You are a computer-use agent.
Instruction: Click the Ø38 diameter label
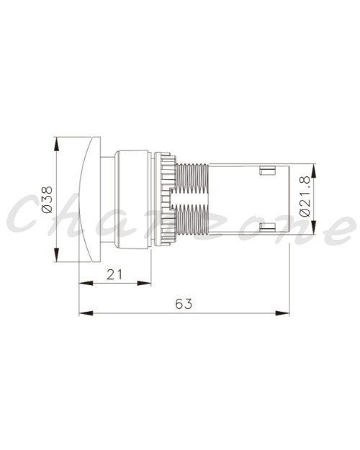48,199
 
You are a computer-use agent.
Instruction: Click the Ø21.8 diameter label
305,197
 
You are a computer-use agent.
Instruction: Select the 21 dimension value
114,274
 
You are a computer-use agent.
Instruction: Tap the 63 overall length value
184,304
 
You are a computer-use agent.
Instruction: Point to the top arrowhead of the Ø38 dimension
57,143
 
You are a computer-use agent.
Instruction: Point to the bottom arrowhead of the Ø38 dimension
57,255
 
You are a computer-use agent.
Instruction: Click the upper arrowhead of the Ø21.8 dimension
313,171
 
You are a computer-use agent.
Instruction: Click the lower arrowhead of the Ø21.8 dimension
313,228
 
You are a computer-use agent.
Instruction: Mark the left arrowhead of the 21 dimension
86,283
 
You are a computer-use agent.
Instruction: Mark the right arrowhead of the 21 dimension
144,283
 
